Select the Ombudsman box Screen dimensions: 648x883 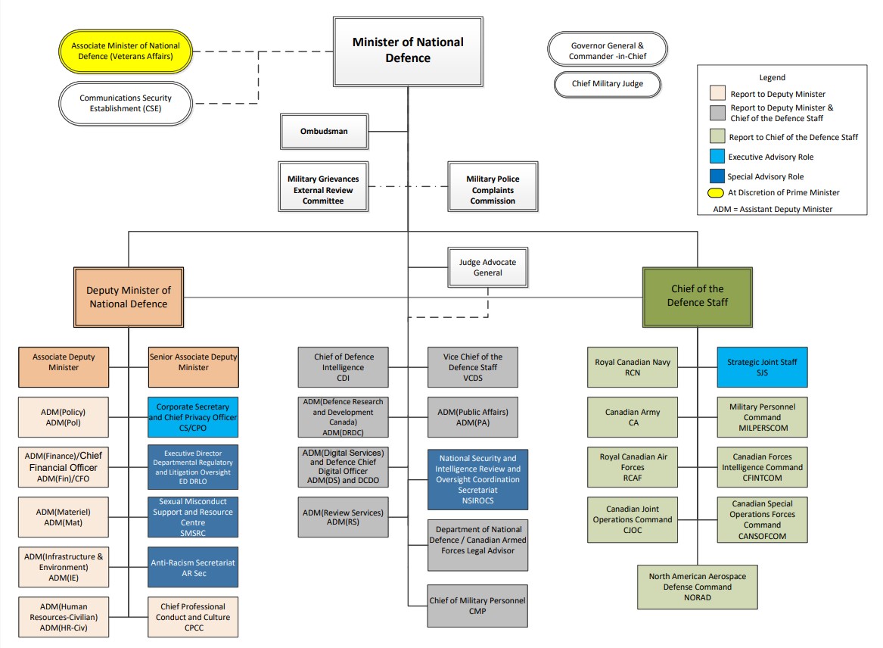(x=323, y=132)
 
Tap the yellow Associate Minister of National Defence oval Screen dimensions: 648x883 (x=126, y=51)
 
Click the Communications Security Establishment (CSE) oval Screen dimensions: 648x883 (x=126, y=103)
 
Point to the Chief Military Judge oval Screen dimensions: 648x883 (x=608, y=84)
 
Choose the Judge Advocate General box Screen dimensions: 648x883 (x=487, y=268)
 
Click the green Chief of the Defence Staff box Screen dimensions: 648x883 (x=697, y=296)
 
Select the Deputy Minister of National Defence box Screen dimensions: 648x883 (x=128, y=297)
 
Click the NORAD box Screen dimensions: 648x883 (x=697, y=587)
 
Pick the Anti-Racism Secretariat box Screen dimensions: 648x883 (x=193, y=568)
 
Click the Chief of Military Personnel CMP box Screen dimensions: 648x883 (x=477, y=606)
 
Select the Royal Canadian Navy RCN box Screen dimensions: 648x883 (x=633, y=367)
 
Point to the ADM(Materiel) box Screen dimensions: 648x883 (x=63, y=517)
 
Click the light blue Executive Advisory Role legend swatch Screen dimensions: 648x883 (x=717, y=157)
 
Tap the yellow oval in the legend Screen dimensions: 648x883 (x=717, y=192)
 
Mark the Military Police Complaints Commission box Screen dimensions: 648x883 (x=493, y=190)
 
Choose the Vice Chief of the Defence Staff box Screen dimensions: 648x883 (x=472, y=367)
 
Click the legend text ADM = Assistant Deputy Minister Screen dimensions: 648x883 (x=772, y=209)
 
